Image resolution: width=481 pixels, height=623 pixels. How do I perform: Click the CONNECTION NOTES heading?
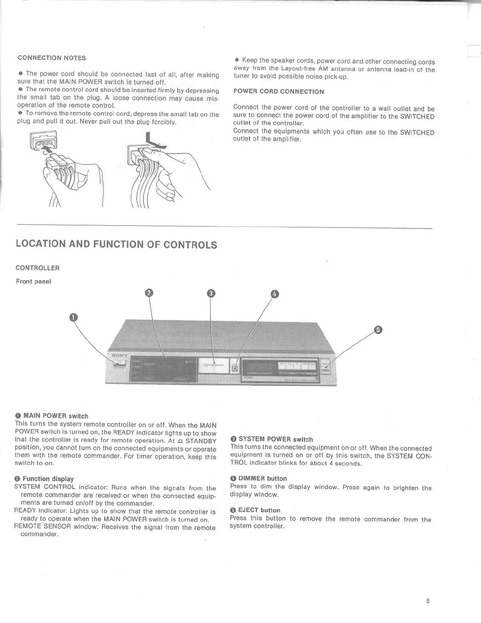(51, 58)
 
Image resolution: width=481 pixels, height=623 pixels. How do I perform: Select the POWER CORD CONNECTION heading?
(279, 92)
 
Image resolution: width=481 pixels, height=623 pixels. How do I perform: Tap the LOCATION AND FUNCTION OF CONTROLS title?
(116, 244)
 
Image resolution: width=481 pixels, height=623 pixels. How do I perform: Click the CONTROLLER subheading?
(37, 268)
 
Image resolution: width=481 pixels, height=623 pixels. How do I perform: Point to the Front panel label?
(33, 281)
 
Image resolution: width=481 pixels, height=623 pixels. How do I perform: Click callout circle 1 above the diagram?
(73, 317)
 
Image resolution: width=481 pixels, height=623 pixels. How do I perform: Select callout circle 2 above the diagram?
(149, 293)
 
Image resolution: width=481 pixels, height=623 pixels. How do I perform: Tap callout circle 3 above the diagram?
(211, 293)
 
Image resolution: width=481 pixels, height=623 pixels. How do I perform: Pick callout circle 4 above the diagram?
(275, 294)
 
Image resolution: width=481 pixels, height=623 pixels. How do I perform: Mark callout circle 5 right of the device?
(378, 330)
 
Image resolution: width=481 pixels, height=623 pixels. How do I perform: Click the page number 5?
(428, 601)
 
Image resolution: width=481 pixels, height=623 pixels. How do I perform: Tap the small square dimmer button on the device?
(235, 368)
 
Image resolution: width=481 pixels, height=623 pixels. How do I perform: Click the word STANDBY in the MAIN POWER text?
(201, 441)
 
